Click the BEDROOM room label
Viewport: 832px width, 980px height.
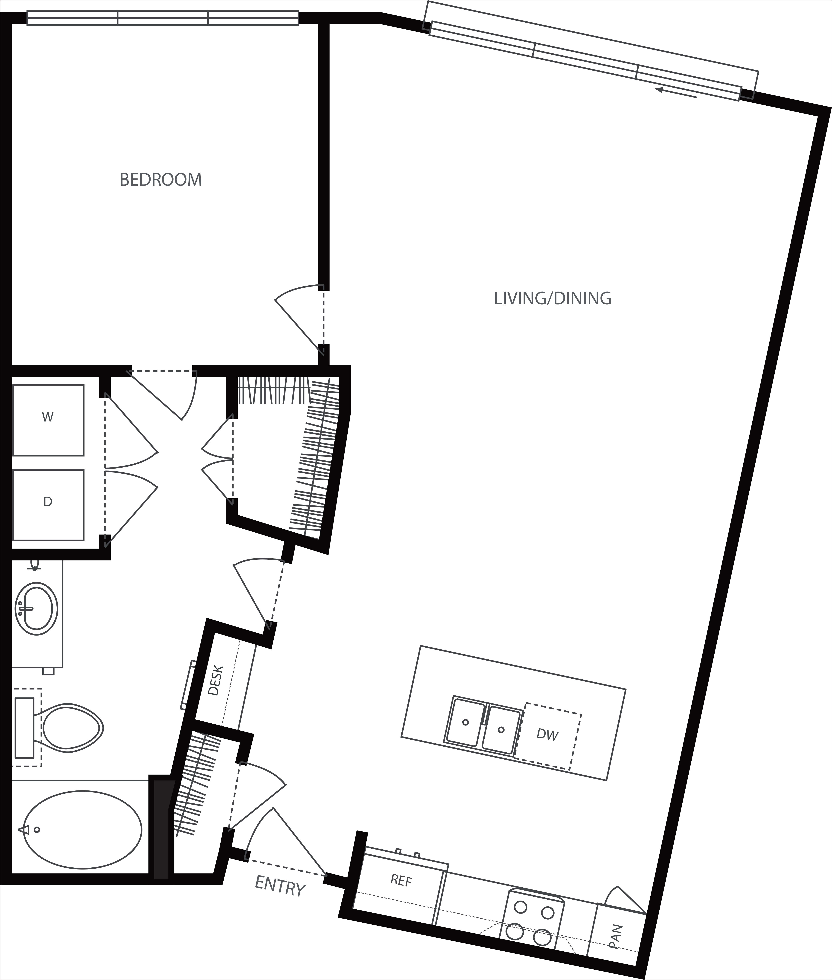[161, 180]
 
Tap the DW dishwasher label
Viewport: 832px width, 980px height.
[548, 735]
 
